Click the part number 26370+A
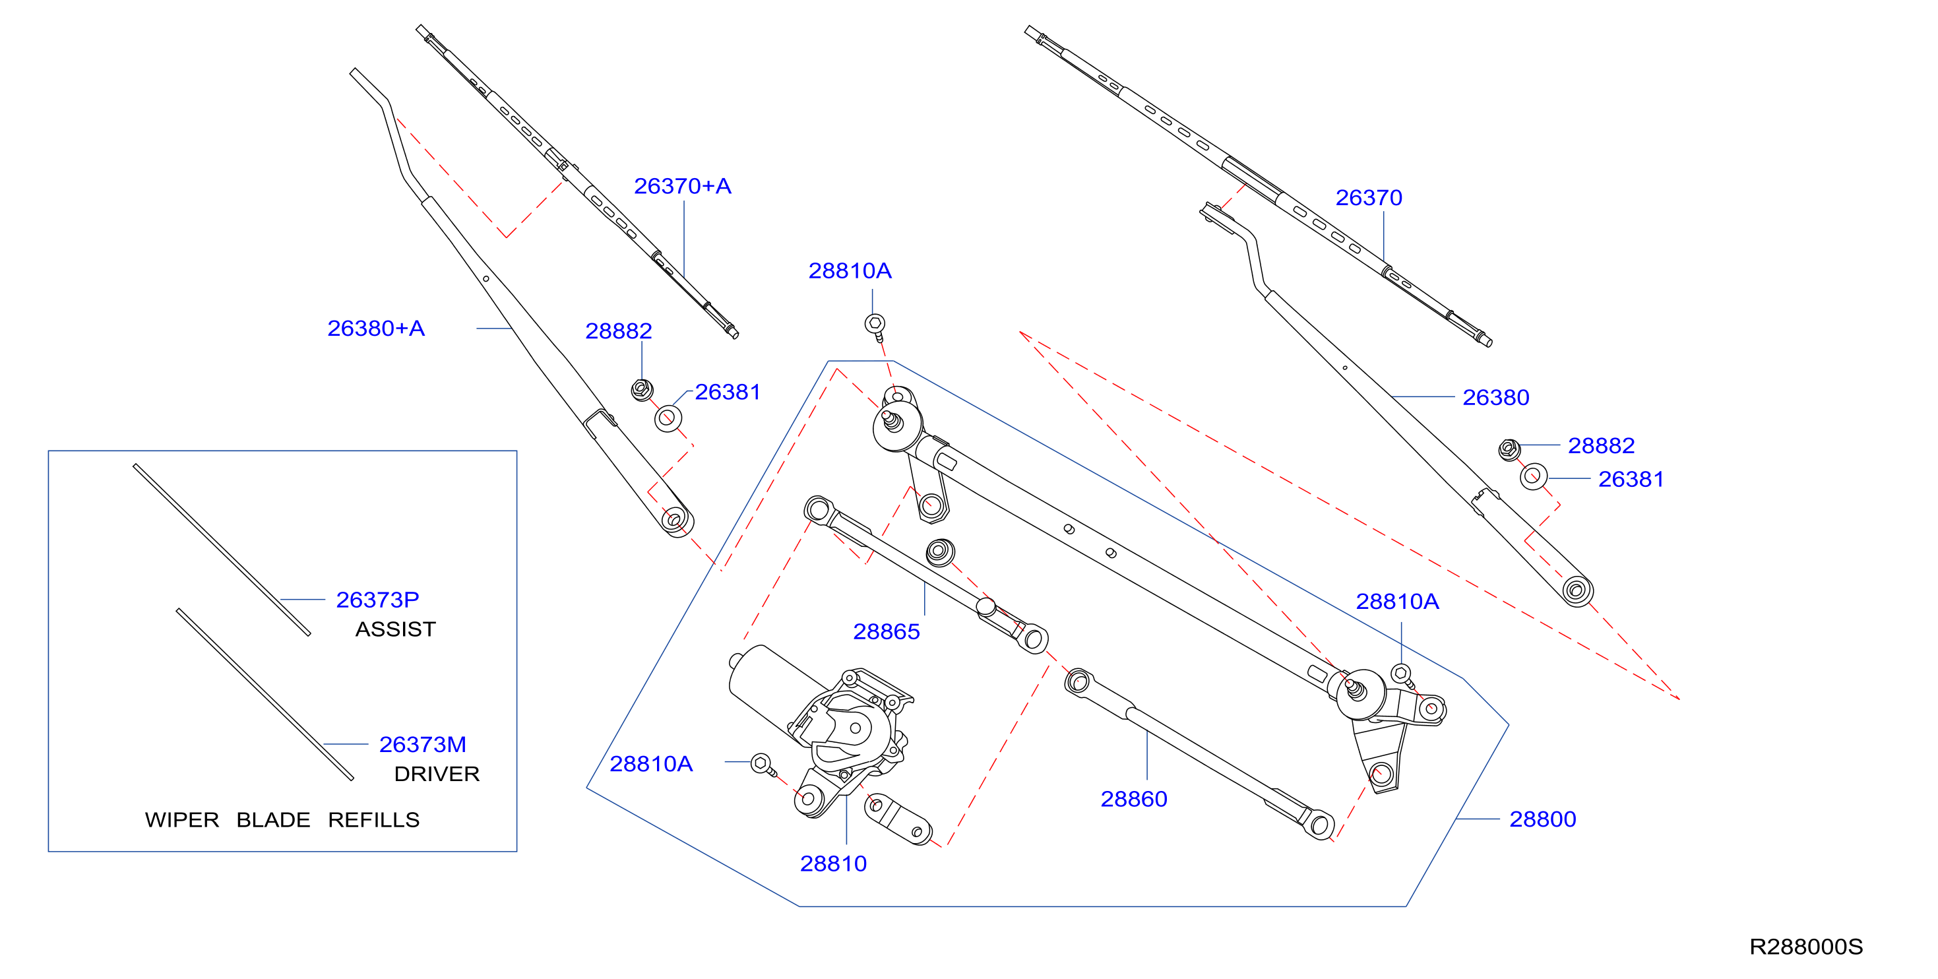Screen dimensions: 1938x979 pos(682,186)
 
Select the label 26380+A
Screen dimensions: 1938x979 pos(376,328)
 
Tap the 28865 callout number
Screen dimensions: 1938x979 pos(887,631)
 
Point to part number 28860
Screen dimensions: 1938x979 pos(1134,798)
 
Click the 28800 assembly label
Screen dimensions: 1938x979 pos(1542,819)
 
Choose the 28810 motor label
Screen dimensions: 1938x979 pos(833,863)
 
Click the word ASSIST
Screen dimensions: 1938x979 pos(396,629)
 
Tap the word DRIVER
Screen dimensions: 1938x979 pos(437,774)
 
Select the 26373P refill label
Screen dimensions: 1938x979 pos(378,600)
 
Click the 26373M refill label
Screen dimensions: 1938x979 pos(423,744)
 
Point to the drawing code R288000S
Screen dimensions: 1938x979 pos(1805,947)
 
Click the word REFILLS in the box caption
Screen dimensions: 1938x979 pos(374,819)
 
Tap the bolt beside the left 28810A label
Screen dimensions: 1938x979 pos(763,765)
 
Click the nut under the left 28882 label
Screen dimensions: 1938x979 pos(642,390)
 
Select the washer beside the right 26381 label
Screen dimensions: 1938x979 pos(1533,476)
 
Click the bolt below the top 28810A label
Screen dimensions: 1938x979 pos(875,327)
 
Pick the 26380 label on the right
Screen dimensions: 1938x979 pos(1495,397)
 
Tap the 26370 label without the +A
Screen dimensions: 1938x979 pos(1369,197)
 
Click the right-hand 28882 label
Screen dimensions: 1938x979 pos(1601,445)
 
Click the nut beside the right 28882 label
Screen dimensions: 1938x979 pos(1509,449)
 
